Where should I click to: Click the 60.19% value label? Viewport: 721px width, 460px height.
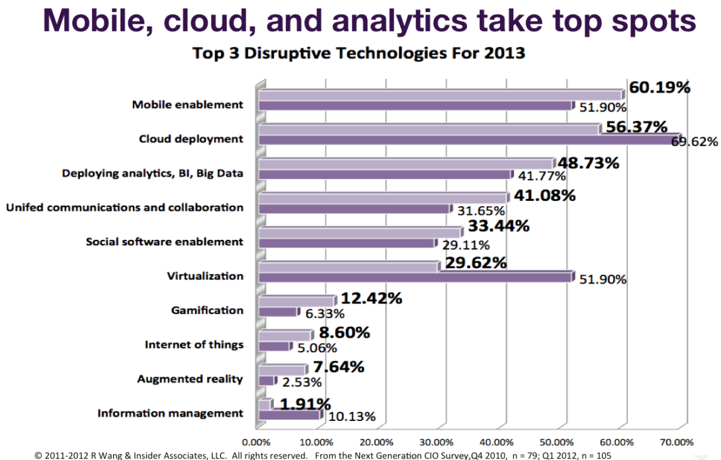coord(659,88)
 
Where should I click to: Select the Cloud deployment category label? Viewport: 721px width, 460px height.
coord(191,139)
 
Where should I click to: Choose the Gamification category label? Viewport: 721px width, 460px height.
coord(207,310)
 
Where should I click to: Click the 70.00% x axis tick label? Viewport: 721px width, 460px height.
coord(677,441)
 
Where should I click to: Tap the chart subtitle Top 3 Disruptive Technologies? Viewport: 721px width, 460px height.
coord(359,53)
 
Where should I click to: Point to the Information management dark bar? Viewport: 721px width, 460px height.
coord(289,415)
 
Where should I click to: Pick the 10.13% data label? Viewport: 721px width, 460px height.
coord(352,416)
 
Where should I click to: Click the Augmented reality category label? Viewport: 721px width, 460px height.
coord(190,379)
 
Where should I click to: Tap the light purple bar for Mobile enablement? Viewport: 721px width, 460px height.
coord(440,95)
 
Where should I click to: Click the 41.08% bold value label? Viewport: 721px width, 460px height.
coord(544,196)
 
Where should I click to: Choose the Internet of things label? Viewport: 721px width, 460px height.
coord(194,344)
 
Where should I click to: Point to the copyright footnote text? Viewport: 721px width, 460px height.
coord(318,455)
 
